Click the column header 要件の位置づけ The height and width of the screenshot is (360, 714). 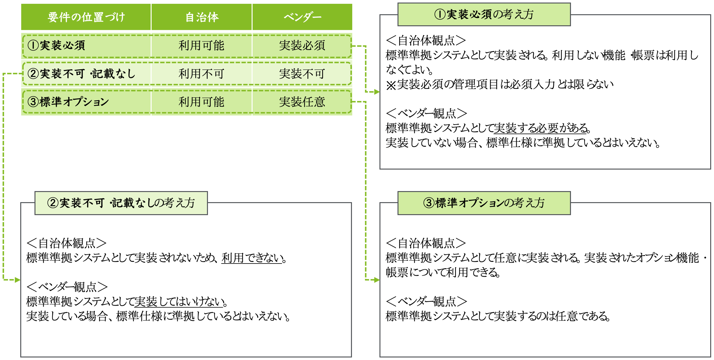click(86, 17)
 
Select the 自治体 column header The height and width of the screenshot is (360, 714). click(202, 17)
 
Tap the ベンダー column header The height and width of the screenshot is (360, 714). click(302, 17)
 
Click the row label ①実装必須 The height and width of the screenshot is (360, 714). click(56, 46)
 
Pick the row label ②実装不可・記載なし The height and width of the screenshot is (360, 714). click(82, 74)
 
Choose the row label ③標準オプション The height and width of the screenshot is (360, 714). click(68, 102)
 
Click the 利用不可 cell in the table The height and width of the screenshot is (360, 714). click(201, 74)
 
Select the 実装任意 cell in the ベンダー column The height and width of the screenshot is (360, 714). click(302, 102)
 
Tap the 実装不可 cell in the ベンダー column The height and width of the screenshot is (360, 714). click(302, 74)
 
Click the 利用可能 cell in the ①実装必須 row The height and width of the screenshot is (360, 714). click(201, 46)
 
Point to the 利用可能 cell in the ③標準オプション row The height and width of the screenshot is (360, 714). click(201, 102)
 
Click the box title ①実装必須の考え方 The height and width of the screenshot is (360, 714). click(484, 14)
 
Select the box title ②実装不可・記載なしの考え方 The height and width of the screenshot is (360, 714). click(121, 203)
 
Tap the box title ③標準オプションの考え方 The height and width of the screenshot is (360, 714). click(484, 203)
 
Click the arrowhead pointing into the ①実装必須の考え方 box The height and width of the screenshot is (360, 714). click(377, 92)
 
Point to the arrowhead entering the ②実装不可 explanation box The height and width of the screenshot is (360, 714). click(17, 280)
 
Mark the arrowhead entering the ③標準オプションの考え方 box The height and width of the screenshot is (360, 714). click(377, 280)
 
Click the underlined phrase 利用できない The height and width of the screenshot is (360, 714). click(252, 258)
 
